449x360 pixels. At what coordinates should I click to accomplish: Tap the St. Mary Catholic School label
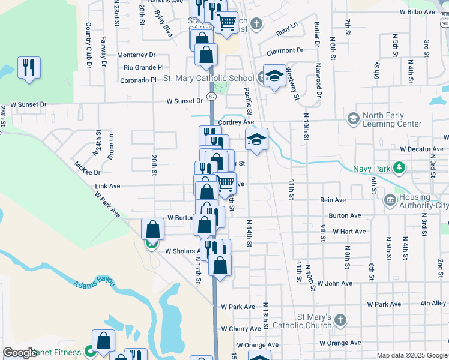[x=208, y=78]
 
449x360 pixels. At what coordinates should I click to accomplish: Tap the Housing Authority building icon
[x=390, y=199]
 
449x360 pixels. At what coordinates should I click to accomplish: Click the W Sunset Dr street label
[x=24, y=104]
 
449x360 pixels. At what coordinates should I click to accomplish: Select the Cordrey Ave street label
[x=236, y=122]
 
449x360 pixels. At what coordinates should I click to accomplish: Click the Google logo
[x=19, y=353]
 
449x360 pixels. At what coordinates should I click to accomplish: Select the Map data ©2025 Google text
[x=411, y=355]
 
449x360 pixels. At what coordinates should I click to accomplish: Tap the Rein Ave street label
[x=333, y=200]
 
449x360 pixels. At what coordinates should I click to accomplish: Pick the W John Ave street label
[x=334, y=283]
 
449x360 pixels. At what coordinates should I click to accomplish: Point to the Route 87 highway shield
[x=211, y=96]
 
